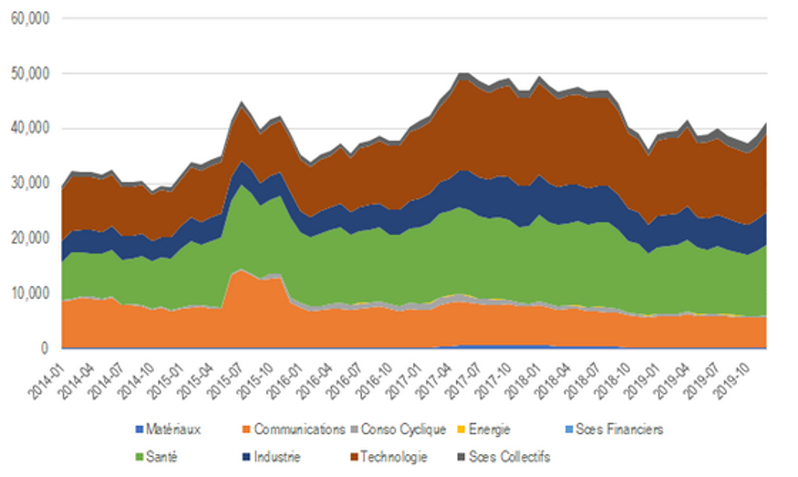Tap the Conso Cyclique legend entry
point(402,430)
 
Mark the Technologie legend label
point(395,457)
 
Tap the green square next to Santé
point(139,457)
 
